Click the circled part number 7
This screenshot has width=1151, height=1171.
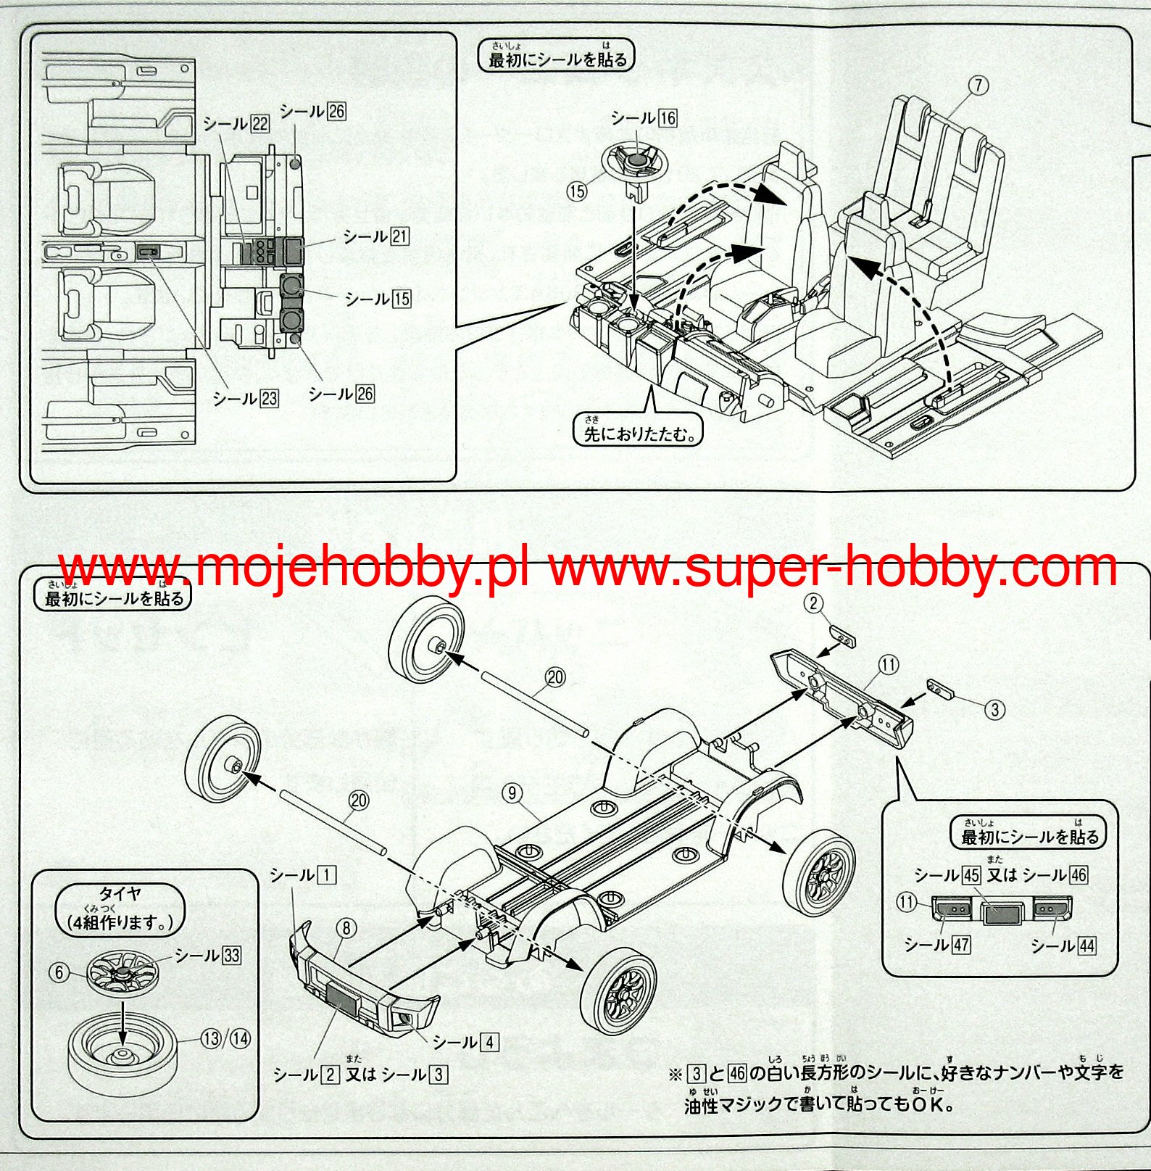[x=978, y=86]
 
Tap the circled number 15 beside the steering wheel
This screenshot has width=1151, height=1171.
[x=577, y=191]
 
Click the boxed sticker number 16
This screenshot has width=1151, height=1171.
[x=668, y=118]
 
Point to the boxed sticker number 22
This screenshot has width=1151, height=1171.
[x=259, y=124]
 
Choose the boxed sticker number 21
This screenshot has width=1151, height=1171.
[x=399, y=236]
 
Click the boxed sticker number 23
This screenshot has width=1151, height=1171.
[x=269, y=399]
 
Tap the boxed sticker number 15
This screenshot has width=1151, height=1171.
[x=401, y=299]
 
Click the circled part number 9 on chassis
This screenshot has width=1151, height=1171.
[x=512, y=793]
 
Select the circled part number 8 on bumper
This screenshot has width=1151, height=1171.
[x=346, y=927]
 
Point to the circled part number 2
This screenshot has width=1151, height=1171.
[x=814, y=603]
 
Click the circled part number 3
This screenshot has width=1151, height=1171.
[x=995, y=710]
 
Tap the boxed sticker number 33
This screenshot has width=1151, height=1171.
[x=231, y=956]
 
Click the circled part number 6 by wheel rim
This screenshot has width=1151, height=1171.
[x=59, y=972]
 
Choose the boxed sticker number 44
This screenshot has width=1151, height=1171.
[x=1086, y=946]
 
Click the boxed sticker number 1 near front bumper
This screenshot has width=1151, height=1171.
[x=327, y=875]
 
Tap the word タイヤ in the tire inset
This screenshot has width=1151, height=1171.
[x=120, y=894]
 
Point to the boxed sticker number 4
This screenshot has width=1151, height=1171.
[x=490, y=1042]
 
